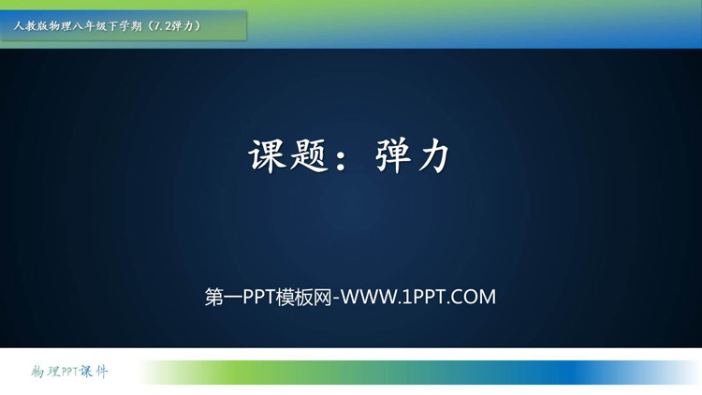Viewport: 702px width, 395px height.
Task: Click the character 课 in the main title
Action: click(268, 155)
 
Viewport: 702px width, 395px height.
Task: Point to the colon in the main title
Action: click(341, 158)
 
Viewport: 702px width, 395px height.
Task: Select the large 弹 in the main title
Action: click(393, 155)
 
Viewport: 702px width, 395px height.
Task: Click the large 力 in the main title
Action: click(433, 155)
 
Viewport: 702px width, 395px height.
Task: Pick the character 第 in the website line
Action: click(214, 297)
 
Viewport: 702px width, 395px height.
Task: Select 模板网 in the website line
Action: click(304, 297)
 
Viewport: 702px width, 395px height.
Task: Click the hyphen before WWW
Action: click(336, 299)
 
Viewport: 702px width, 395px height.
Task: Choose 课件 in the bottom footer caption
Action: click(94, 372)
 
